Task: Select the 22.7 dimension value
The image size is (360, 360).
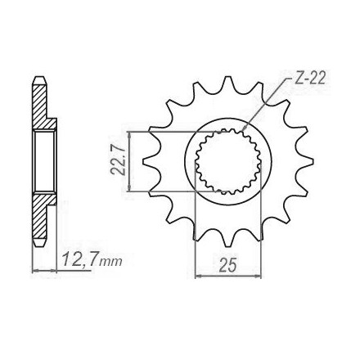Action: coord(118,161)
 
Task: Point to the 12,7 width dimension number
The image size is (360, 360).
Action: coord(79,259)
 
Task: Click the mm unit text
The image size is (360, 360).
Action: coord(110,262)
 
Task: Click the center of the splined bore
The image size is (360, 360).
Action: coord(227,161)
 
